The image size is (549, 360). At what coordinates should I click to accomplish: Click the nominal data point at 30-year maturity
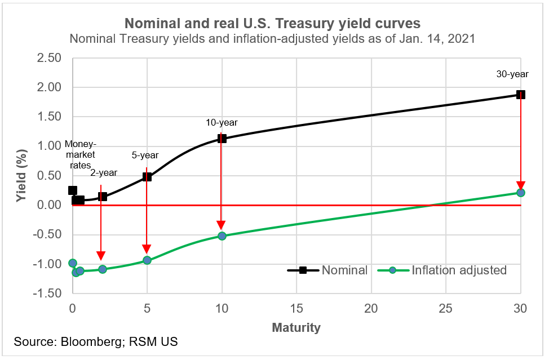coord(521,95)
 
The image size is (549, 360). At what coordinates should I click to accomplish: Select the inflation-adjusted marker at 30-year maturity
coord(521,193)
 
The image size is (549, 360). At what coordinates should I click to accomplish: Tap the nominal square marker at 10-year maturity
coord(222,139)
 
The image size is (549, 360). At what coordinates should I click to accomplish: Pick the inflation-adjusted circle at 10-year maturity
coord(222,236)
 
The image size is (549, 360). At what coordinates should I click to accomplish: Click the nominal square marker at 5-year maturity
coord(147,176)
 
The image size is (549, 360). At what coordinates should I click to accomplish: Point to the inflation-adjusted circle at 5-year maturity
coord(147,260)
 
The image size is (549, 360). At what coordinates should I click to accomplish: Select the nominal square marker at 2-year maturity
coord(103,197)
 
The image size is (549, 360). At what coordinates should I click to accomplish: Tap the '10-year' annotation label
coord(221,122)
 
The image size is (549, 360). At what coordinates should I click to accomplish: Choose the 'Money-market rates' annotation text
coord(81,154)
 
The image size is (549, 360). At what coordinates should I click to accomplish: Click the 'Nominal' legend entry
coord(344,270)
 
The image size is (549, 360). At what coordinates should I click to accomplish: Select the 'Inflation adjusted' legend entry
coord(459,270)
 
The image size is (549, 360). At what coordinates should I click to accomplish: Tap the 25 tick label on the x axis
coord(446,308)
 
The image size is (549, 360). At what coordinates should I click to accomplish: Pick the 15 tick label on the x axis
coord(296,308)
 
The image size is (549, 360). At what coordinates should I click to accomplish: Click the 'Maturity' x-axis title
coord(296,327)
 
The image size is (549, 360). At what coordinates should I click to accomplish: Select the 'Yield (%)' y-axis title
coord(21,176)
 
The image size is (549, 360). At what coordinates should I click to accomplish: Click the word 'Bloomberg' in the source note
coord(88,343)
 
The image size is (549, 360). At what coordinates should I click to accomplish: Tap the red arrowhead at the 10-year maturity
coord(222,226)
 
